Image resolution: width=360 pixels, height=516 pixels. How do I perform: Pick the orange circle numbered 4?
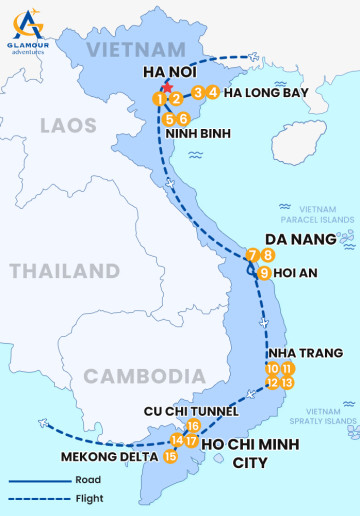coord(214,93)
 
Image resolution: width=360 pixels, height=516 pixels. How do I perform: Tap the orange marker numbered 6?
coord(184,119)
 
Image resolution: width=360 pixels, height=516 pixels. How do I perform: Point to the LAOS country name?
coord(68,126)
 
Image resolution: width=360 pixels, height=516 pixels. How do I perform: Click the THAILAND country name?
coord(64,271)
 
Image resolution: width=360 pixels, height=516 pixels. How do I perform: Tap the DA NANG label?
coord(299,239)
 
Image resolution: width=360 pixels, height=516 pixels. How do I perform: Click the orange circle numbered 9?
coord(264,272)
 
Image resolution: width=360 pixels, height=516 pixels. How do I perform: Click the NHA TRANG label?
coord(304,353)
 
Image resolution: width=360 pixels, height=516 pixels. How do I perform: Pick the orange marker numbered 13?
coord(287,383)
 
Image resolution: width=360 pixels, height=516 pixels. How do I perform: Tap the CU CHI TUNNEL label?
coord(190,411)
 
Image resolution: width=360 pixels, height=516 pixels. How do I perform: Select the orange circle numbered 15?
coord(170,457)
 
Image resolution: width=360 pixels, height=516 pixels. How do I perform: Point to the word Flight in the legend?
coord(89,498)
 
